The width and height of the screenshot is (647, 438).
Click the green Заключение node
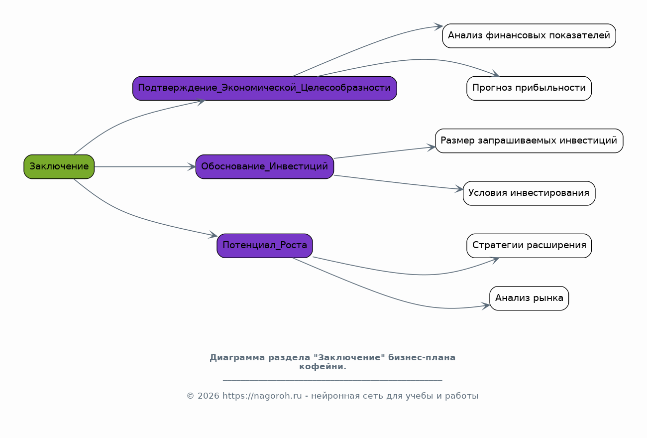point(59,167)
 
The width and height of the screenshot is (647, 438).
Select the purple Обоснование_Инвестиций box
point(265,167)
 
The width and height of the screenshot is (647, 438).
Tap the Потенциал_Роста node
point(265,246)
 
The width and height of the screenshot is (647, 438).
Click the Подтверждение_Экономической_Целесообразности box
point(265,88)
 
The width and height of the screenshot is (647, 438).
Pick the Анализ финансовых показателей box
point(529,36)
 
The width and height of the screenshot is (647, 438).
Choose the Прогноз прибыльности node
point(529,88)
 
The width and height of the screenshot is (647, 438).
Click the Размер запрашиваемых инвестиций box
point(529,141)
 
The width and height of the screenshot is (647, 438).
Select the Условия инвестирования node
point(529,193)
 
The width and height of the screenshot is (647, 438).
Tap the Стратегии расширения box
point(529,246)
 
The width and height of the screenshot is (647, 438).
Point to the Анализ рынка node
point(529,298)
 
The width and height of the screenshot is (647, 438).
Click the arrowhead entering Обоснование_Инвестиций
point(192,167)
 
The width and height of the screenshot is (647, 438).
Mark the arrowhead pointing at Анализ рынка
point(486,306)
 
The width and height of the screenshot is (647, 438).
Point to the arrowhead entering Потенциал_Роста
point(213,235)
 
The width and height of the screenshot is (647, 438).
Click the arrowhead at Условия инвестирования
point(459,189)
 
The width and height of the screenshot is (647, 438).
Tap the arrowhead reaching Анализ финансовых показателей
point(438,26)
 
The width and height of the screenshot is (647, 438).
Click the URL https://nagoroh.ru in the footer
point(262,396)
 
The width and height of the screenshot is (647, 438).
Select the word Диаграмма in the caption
point(237,358)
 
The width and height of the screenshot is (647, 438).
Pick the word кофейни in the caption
point(321,367)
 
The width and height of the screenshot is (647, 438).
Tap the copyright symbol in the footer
point(190,396)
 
